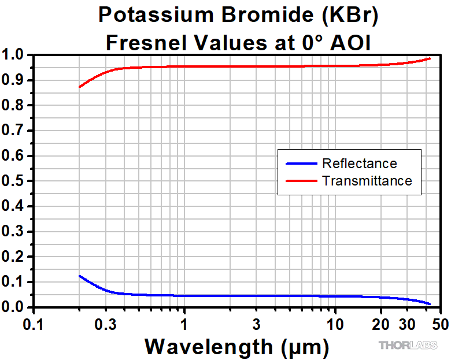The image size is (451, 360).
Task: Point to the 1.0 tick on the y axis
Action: tap(14, 55)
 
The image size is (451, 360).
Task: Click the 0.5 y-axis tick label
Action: tap(14, 181)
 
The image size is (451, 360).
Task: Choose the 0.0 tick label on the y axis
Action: tap(14, 307)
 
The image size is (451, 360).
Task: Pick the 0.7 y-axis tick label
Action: tap(14, 131)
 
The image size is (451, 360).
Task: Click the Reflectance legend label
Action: tap(360, 164)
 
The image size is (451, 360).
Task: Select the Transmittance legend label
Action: tap(367, 181)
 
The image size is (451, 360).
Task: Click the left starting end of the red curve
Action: tap(80, 87)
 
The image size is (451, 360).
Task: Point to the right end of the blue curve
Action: tap(430, 304)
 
